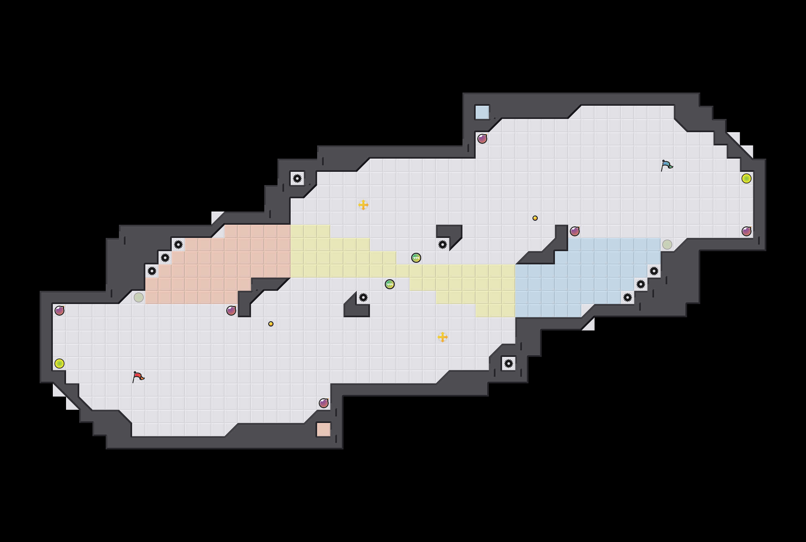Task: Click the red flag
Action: click(x=138, y=376)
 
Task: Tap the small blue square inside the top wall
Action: click(x=482, y=112)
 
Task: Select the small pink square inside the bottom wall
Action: click(x=323, y=430)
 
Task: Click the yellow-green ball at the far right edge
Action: click(x=746, y=178)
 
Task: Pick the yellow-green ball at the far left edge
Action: click(x=59, y=364)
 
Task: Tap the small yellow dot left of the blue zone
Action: click(x=535, y=218)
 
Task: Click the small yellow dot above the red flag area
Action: click(x=271, y=324)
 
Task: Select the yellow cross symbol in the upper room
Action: click(x=363, y=205)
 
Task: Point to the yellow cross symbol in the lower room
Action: click(x=443, y=337)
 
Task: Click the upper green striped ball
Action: click(x=416, y=258)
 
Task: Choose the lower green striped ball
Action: click(x=390, y=284)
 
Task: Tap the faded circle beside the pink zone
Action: click(x=138, y=297)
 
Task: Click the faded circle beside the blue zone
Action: click(x=667, y=244)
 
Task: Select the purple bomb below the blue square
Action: click(x=482, y=139)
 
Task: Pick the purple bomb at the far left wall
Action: click(x=59, y=310)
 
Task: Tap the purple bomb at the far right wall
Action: click(x=746, y=231)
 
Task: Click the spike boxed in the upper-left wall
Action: click(x=297, y=178)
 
